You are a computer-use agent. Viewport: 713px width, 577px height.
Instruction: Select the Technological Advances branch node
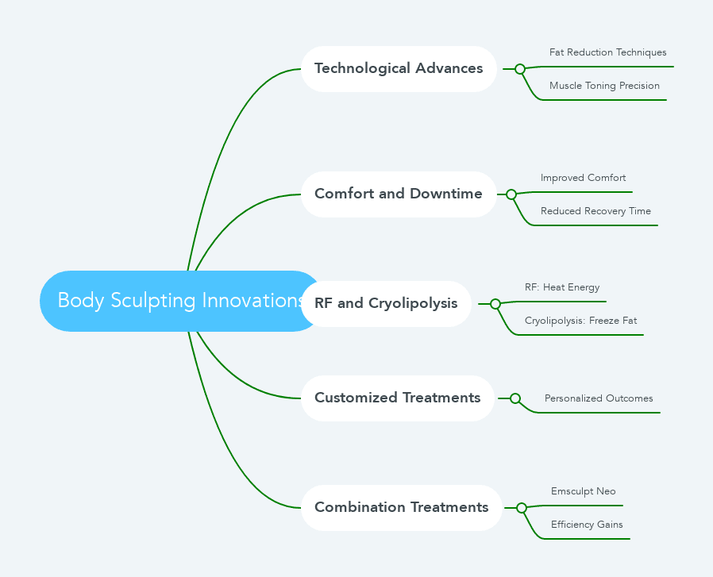pos(399,69)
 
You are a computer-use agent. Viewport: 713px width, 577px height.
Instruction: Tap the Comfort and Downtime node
pos(399,194)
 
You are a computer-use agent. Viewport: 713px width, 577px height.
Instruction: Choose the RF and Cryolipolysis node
pos(386,304)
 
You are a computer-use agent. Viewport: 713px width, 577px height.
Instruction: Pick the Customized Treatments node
pos(398,398)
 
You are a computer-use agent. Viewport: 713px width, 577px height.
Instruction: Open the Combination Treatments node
pos(402,508)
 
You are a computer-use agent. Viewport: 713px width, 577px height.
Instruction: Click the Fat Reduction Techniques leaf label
pos(608,53)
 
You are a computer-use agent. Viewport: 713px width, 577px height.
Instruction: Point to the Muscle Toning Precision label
pos(604,87)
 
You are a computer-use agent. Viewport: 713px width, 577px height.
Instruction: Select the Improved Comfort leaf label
pos(584,179)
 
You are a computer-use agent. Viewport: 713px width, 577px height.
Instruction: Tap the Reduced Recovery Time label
pos(595,212)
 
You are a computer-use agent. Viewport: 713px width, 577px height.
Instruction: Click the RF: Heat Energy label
pos(562,288)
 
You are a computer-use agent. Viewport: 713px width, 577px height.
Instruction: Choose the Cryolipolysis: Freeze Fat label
pos(580,321)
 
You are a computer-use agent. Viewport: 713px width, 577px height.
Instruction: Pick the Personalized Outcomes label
pos(599,399)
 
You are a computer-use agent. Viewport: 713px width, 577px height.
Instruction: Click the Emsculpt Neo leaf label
pos(584,492)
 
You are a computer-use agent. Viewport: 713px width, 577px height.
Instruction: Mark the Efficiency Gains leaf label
pos(587,525)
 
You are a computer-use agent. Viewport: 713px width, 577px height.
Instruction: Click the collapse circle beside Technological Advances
pos(520,69)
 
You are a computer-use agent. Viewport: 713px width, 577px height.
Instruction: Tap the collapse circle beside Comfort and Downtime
pos(511,194)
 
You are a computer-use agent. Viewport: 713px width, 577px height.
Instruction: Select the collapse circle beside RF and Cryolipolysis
pos(495,304)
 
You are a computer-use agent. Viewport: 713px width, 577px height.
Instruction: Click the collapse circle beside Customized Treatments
pos(515,398)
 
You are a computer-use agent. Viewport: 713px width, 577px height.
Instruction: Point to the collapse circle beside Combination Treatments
pos(522,508)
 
